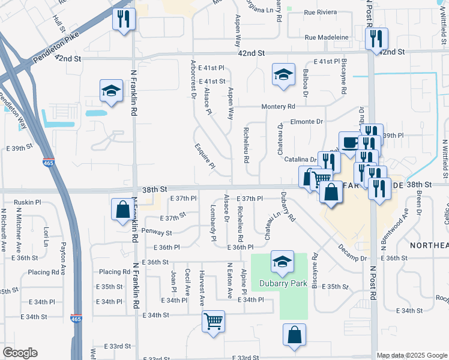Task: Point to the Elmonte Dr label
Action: pos(307,122)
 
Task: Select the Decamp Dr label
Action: pos(352,258)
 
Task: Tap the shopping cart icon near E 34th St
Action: pos(214,321)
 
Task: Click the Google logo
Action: pos(20,353)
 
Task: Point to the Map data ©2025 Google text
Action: pos(412,355)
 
